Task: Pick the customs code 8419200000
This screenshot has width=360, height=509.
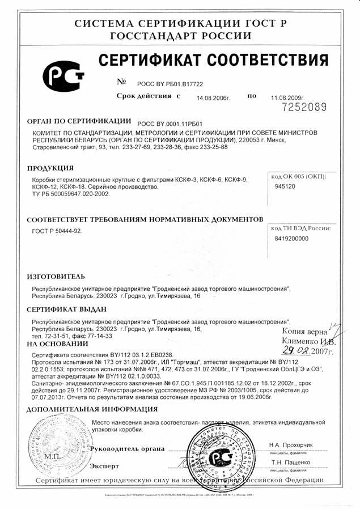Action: (291, 239)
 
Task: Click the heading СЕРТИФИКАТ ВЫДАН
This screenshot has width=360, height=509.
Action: (67, 309)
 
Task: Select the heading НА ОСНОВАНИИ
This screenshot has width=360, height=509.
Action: (54, 344)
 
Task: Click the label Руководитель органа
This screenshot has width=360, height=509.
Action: (128, 448)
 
